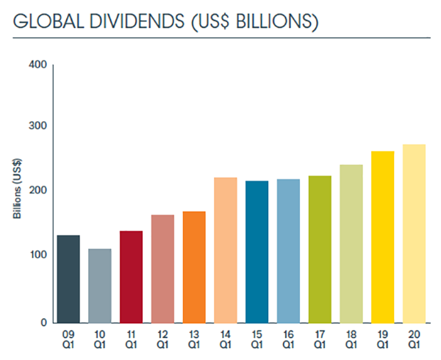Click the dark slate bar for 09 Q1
point(68,279)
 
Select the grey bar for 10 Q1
point(99,286)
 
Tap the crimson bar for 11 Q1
point(131,277)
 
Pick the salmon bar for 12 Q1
point(162,269)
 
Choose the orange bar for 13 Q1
point(194,267)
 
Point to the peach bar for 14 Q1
point(226,251)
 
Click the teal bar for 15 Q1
point(257,252)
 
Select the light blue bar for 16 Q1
point(288,251)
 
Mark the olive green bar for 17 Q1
point(320,250)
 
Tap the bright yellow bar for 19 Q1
point(383,237)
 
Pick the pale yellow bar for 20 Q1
point(415,234)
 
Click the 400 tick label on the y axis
point(38,66)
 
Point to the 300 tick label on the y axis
point(38,126)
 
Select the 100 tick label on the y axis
point(38,255)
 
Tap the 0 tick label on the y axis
point(43,322)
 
